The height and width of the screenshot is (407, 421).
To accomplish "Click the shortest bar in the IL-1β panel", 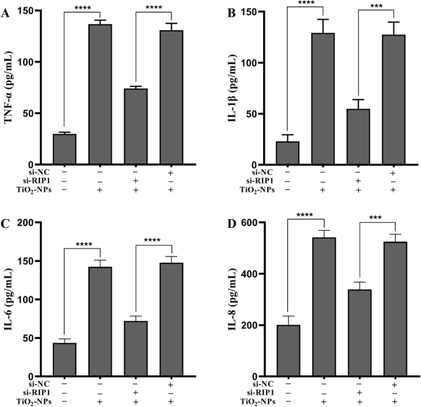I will (x=287, y=153).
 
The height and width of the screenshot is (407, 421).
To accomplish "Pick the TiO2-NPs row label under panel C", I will (x=23, y=401).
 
